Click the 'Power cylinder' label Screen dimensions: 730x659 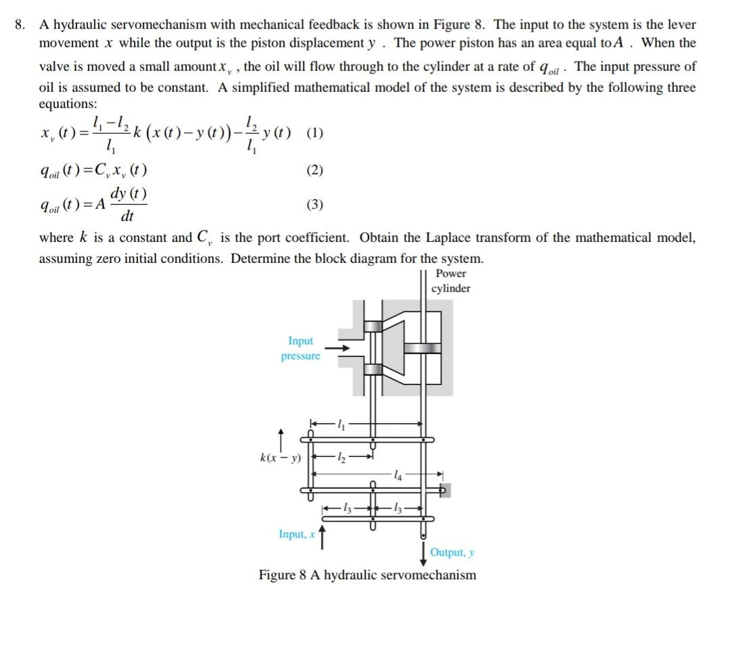pyautogui.click(x=451, y=281)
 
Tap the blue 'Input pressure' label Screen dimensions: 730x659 pyautogui.click(x=301, y=348)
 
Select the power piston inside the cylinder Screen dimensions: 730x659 pyautogui.click(x=422, y=348)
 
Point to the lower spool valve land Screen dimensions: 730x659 pyautogui.click(x=373, y=369)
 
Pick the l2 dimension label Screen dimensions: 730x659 pyautogui.click(x=341, y=458)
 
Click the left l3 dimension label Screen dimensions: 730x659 pyautogui.click(x=347, y=508)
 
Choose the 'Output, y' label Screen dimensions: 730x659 pyautogui.click(x=452, y=553)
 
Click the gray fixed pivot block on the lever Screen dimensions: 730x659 pyautogui.click(x=445, y=489)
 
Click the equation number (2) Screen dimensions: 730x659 pyautogui.click(x=314, y=170)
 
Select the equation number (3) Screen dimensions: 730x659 pyautogui.click(x=314, y=204)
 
